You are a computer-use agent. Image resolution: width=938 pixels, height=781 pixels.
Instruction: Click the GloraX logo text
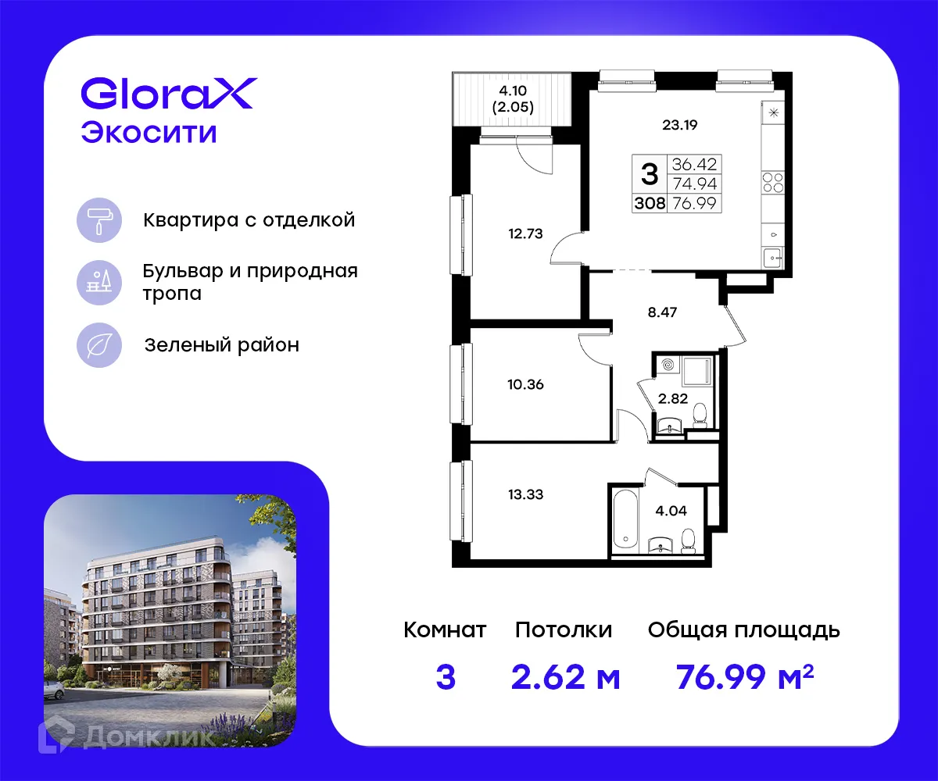coord(167,94)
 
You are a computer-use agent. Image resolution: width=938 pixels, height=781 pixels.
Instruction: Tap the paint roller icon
coord(99,219)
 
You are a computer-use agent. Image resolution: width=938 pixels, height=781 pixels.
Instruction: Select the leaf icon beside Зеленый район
coord(99,344)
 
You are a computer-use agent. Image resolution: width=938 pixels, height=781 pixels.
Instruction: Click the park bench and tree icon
coord(99,282)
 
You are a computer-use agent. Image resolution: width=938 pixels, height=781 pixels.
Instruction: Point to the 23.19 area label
coord(679,123)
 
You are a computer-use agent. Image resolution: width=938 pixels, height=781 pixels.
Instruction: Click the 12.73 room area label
coord(524,232)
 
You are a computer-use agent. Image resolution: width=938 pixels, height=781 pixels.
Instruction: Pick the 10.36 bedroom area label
coord(524,384)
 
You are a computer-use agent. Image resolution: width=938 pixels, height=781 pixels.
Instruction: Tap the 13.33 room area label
coord(524,494)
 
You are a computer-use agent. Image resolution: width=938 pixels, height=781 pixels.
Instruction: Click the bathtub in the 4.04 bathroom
coord(625,519)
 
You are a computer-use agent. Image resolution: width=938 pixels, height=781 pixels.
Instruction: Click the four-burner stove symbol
coord(773,183)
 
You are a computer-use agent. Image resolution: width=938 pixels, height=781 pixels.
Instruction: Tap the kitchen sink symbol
coord(773,255)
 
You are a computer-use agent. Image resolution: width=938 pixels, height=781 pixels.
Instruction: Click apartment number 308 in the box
coord(650,205)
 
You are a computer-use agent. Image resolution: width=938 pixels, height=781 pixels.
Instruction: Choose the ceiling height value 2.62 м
coord(565,678)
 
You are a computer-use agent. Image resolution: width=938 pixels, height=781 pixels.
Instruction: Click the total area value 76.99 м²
coord(744,678)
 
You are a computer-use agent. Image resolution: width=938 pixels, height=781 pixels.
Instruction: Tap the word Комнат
coord(445,630)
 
